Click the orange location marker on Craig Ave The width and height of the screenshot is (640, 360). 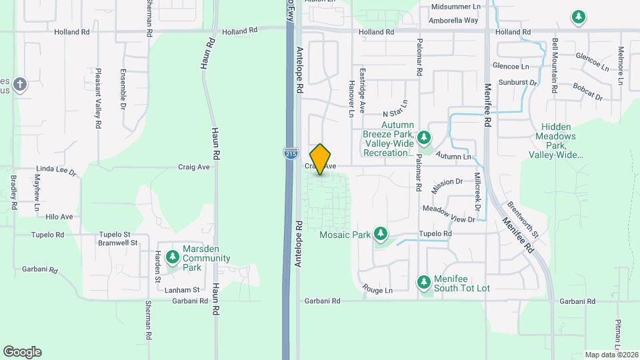coord(321,159)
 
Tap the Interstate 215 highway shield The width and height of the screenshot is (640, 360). coord(290,153)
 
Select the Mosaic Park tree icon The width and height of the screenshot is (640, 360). coord(381,234)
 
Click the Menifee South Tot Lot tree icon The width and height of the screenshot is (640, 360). coord(423,283)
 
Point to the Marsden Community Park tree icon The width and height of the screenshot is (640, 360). coord(173,257)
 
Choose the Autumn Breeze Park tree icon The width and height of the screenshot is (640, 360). coord(423,138)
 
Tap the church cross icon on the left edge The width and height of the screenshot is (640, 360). coord(21,84)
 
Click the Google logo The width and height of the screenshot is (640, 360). coord(22,351)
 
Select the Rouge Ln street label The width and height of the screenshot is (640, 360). coord(377,290)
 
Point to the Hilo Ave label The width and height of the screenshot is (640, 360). coord(58,217)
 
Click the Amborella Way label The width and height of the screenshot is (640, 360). coord(454,21)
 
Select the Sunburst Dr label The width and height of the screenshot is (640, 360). coord(522,83)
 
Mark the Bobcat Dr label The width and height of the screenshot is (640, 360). coord(587,92)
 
